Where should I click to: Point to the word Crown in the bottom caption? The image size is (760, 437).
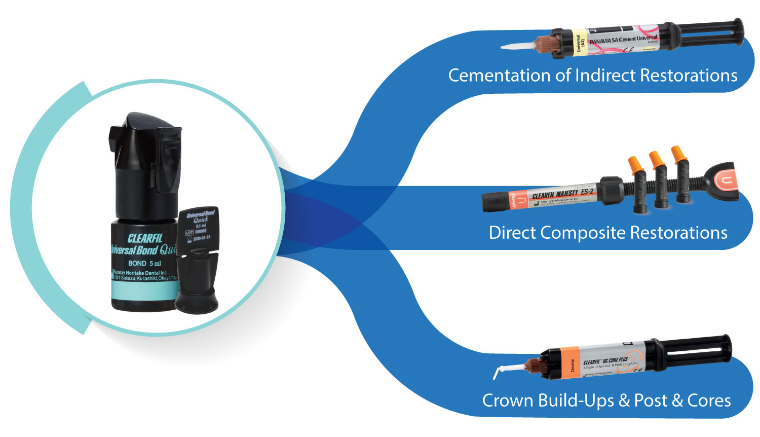tap(507, 400)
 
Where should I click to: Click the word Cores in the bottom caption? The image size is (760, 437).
tap(709, 400)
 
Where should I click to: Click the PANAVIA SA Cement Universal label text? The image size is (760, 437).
tap(623, 40)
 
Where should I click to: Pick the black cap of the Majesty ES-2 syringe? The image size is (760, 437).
tap(495, 202)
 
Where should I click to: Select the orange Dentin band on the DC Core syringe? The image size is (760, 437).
tap(572, 363)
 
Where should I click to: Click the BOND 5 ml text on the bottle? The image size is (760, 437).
tap(144, 263)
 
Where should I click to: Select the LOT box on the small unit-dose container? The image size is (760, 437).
tap(189, 233)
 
